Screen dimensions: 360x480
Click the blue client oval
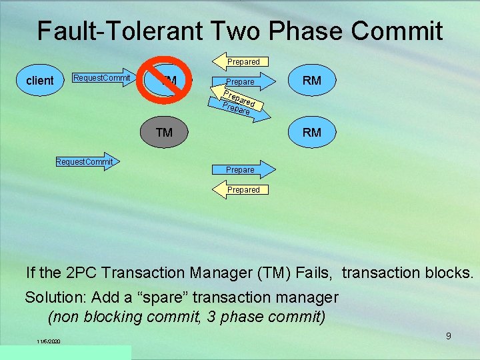(39, 81)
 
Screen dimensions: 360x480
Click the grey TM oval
(164, 132)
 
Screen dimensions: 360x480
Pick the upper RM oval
(311, 81)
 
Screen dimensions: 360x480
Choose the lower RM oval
(311, 132)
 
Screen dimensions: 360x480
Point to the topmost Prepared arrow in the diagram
(241, 62)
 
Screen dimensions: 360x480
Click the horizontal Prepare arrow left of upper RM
(242, 81)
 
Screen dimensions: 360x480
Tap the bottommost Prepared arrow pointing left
(241, 190)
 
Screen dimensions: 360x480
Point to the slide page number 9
(448, 336)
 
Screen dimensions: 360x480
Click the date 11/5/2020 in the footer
(49, 342)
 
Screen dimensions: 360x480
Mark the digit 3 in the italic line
(211, 316)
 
